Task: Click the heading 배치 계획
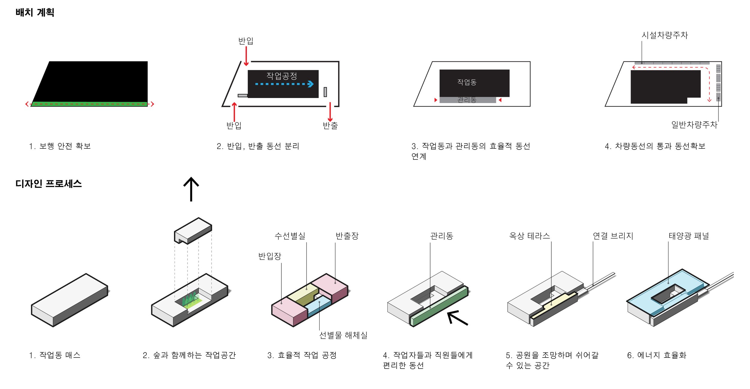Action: click(35, 13)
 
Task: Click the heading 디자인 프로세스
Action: click(48, 184)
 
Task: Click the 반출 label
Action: click(330, 126)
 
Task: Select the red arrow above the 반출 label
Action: click(330, 112)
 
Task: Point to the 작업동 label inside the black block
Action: click(467, 82)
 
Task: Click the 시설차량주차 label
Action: click(664, 35)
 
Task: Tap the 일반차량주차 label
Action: click(694, 125)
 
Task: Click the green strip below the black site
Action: click(89, 104)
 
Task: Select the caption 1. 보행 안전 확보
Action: click(60, 146)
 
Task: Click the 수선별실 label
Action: click(290, 236)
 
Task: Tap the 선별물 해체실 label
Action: click(343, 335)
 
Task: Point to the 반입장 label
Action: click(270, 256)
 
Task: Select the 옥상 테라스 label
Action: click(529, 236)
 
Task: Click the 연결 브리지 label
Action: click(613, 236)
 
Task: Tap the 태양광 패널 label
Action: click(689, 236)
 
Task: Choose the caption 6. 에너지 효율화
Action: click(657, 355)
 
